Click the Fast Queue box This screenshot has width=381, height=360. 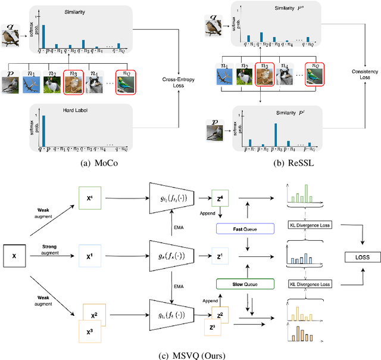pyautogui.click(x=245, y=228)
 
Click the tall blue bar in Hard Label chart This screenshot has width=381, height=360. pyautogui.click(x=43, y=126)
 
